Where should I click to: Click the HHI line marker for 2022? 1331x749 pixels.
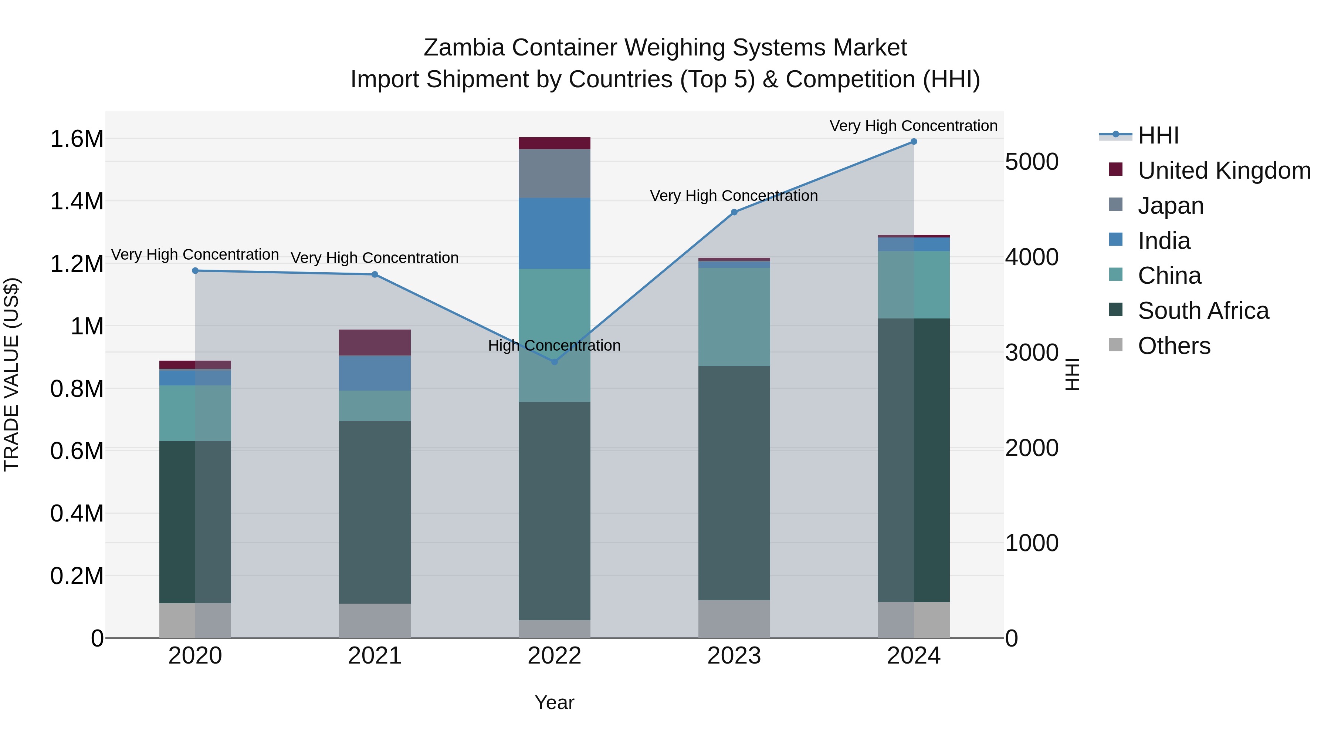tap(555, 362)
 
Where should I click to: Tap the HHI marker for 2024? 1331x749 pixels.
tap(914, 142)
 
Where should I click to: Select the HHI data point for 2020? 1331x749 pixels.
tap(195, 271)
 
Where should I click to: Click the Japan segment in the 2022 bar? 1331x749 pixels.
tap(555, 174)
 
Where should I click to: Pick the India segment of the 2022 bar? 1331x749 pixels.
tap(555, 234)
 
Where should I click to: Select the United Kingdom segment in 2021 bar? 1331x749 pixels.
tap(375, 343)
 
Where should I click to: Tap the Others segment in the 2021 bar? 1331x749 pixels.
tap(375, 621)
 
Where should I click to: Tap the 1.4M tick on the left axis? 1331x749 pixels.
tap(77, 201)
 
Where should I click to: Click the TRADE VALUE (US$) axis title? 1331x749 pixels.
tap(11, 374)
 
